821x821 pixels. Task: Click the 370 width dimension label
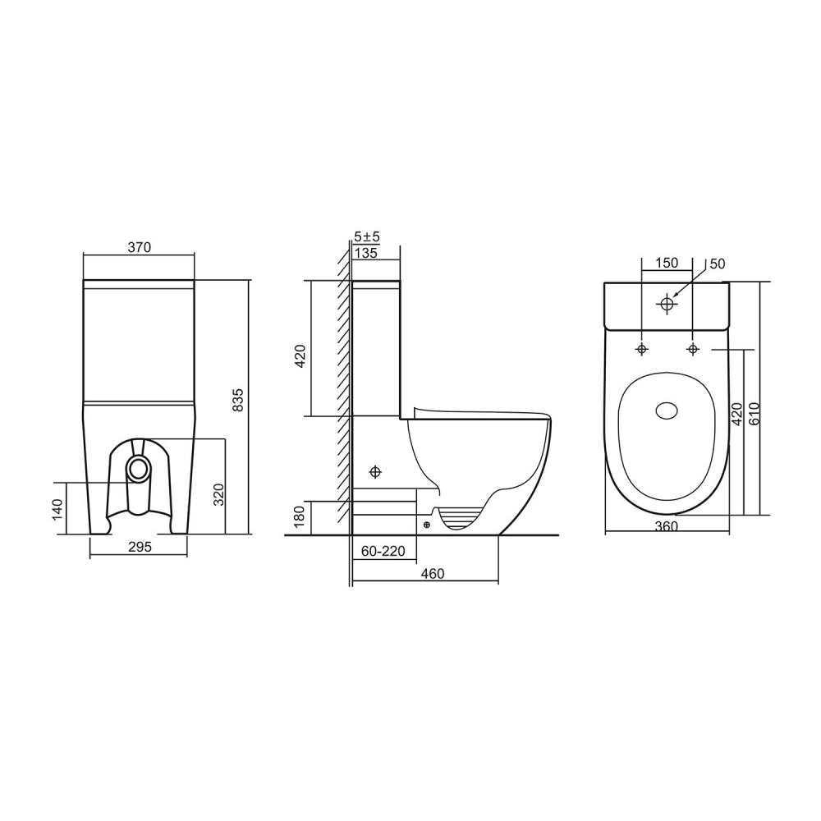(x=139, y=247)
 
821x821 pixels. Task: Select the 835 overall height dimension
(x=238, y=398)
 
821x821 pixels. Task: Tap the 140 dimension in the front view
(x=57, y=509)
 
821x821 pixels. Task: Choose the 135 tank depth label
(x=366, y=253)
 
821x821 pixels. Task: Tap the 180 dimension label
(x=300, y=516)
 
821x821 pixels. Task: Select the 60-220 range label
(x=383, y=552)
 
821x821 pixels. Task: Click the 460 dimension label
(x=432, y=574)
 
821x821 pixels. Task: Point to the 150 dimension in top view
(x=666, y=263)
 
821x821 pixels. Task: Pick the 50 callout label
(x=718, y=264)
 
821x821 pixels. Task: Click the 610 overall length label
(x=754, y=413)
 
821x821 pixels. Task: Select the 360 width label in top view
(x=667, y=526)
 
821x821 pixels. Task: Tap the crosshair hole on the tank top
(x=667, y=305)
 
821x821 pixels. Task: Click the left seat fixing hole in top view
(x=641, y=350)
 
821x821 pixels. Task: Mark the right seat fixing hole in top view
(x=693, y=350)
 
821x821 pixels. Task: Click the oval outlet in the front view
(x=139, y=469)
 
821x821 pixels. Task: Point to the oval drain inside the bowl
(x=667, y=410)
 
